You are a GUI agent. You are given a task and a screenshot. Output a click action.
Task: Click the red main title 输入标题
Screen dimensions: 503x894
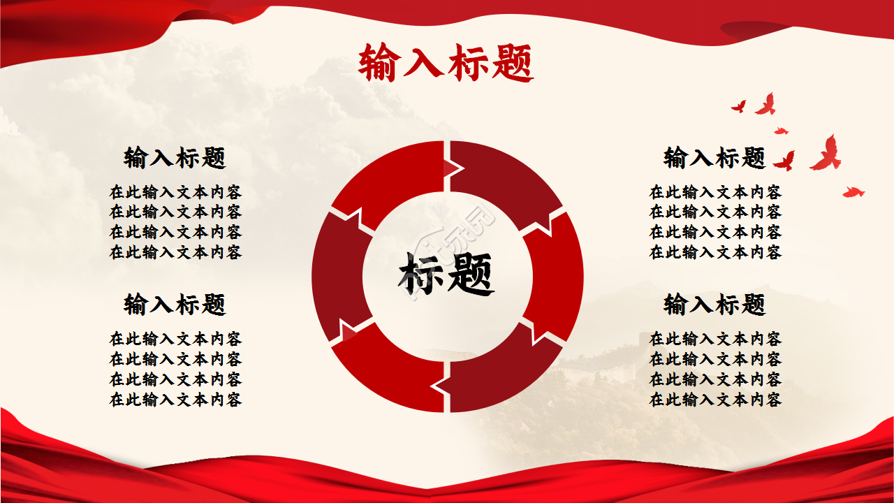click(446, 63)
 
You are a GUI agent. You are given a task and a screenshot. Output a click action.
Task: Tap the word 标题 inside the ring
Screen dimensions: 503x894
click(447, 274)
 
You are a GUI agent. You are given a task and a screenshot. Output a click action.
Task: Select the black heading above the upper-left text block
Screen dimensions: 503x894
click(175, 158)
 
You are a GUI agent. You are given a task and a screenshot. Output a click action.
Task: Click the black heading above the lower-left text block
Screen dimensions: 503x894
click(175, 305)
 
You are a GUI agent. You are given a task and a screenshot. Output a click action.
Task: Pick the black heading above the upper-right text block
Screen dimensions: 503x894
click(715, 158)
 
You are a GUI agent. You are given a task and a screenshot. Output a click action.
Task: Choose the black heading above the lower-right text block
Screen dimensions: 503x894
click(715, 305)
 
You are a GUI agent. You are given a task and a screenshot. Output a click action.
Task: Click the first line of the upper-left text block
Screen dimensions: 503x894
click(175, 192)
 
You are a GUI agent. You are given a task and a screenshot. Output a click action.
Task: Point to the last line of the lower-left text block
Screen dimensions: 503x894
click(175, 400)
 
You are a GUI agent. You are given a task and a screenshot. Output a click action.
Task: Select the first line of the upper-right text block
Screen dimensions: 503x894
click(715, 192)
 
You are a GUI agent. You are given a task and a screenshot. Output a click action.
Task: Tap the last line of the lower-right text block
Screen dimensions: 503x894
click(715, 400)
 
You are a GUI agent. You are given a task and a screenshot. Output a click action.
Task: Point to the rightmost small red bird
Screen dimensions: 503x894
click(853, 192)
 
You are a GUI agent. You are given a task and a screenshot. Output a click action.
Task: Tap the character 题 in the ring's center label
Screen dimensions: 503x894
click(471, 274)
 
